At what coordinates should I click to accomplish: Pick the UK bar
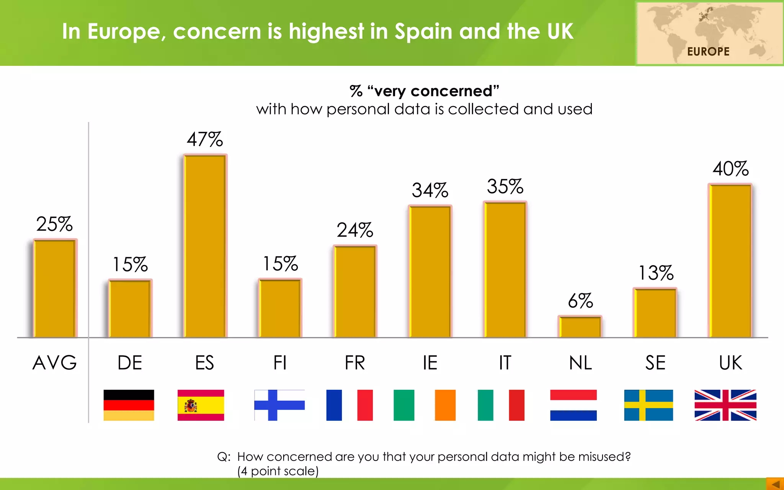point(730,261)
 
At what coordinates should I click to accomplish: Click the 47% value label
point(205,139)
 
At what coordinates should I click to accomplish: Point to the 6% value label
point(580,301)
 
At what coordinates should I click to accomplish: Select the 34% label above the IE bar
point(430,190)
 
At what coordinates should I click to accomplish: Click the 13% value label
point(656,273)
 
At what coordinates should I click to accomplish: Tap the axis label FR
point(355,363)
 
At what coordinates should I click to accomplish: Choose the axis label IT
point(505,363)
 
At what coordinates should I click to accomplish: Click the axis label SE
point(655,363)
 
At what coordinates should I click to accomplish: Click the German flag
point(129,405)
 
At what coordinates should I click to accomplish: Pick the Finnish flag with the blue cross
point(279,405)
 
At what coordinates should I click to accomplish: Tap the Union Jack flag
point(725,405)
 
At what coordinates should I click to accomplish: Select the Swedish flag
point(648,405)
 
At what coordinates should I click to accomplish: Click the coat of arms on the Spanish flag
point(190,405)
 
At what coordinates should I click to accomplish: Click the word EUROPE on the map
point(708,51)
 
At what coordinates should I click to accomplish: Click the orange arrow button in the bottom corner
point(775,484)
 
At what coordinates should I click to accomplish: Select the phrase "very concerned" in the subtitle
point(433,91)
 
